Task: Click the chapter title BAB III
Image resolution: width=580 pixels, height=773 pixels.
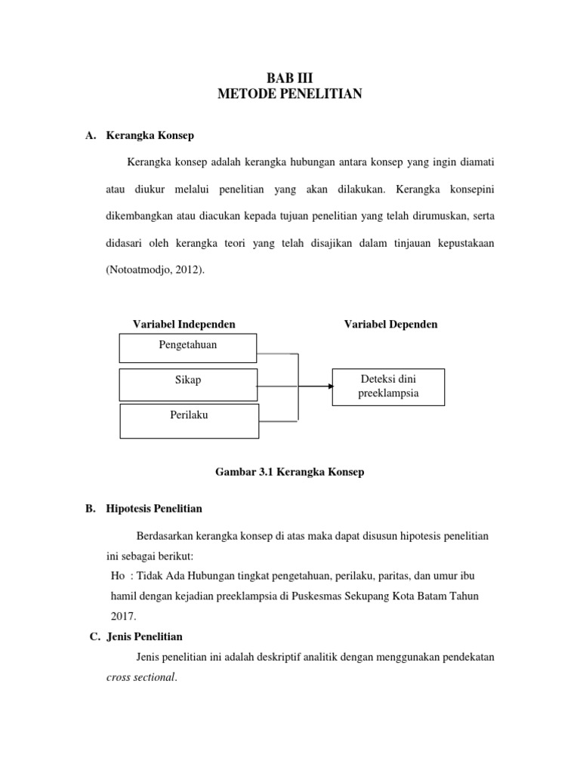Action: coord(290,77)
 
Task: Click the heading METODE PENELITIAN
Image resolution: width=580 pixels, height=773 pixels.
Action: coord(290,94)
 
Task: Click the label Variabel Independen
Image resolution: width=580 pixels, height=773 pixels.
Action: coord(184,324)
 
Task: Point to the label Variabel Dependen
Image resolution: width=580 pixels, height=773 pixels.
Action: coord(390,324)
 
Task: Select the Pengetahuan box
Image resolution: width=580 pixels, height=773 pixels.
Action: coord(188,348)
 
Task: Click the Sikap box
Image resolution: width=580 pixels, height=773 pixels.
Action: coord(188,383)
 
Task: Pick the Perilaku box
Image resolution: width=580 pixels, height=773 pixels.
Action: coord(189,420)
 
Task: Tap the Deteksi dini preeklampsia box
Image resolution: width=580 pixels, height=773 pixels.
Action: coord(388,386)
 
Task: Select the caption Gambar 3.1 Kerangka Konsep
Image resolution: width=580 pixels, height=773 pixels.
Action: coord(290,472)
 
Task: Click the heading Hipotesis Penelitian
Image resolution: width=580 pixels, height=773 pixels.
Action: coord(154,509)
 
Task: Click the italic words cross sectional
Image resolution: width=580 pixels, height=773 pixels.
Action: coord(140,677)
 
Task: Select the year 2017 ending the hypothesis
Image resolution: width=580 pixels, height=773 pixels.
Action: coord(122,616)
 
